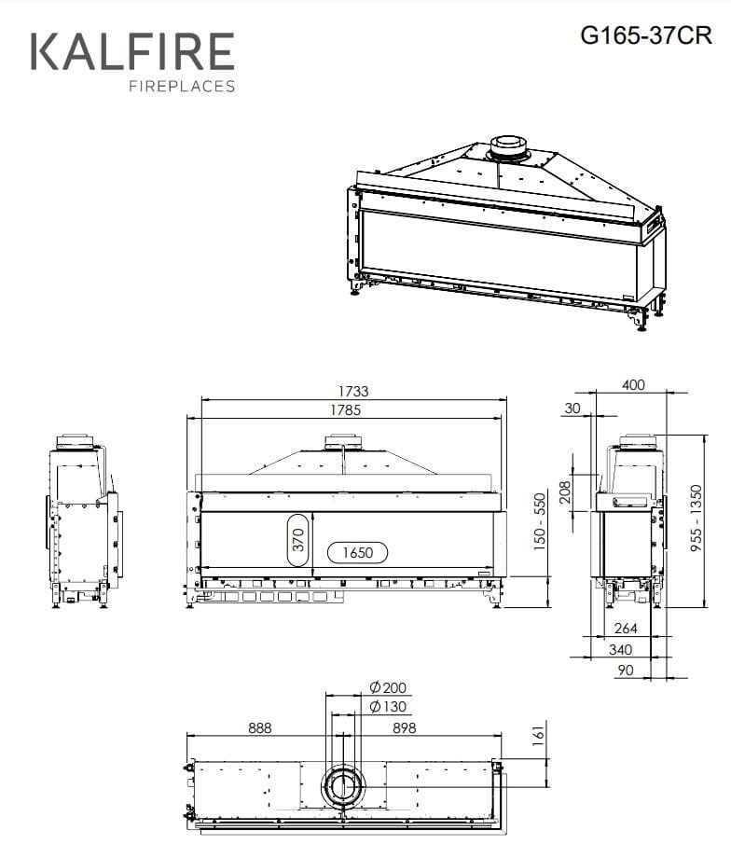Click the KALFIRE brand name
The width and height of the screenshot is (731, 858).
point(133,51)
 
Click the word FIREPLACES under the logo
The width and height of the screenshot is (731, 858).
point(181,87)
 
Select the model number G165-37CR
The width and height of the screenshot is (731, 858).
point(645,35)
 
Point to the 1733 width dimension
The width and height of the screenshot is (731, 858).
point(353,392)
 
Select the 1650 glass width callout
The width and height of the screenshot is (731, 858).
point(357,553)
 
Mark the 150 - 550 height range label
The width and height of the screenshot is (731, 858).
point(540,521)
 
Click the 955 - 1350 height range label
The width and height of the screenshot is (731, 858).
point(697,521)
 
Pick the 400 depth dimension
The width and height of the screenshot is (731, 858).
point(633,385)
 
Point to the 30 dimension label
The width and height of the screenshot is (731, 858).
point(572,408)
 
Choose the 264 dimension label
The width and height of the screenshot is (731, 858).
point(626,630)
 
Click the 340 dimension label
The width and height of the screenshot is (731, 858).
point(620,649)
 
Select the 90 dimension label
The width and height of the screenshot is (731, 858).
point(625,670)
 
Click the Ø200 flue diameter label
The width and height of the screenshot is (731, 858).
point(388,688)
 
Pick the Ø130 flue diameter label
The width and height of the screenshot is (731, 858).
point(388,707)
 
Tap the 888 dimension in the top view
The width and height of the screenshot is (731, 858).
point(260,728)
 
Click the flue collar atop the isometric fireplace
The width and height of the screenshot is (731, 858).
point(508,145)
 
